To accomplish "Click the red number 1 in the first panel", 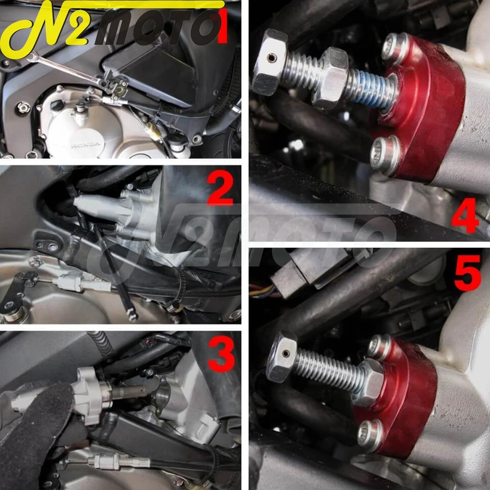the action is pyautogui.click(x=223, y=26).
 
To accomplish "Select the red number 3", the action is pyautogui.click(x=221, y=354).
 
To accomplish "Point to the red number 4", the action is pyautogui.click(x=465, y=216).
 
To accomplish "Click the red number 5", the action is pyautogui.click(x=467, y=272).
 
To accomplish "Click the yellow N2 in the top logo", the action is pyautogui.click(x=47, y=26).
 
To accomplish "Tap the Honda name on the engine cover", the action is pyautogui.click(x=85, y=145).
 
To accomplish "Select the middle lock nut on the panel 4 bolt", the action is pyautogui.click(x=331, y=78).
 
